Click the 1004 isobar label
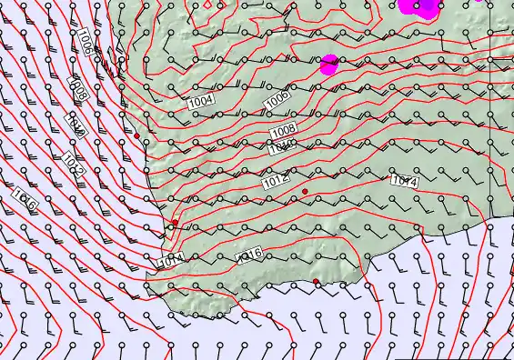pos(201,102)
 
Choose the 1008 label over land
pos(283,132)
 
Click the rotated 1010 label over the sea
pos(77,126)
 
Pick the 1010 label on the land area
pos(282,146)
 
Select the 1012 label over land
pos(277,182)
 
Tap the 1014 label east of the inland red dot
pos(404,181)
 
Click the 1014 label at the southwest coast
pos(171,260)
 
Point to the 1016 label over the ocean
pos(25,200)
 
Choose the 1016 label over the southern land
pos(249,255)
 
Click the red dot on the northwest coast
pos(137,135)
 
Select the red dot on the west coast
pos(176,222)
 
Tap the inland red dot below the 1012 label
pos(306,191)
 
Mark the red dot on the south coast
pos(317,282)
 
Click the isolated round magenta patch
pos(329,65)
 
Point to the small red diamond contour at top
pos(207,4)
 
